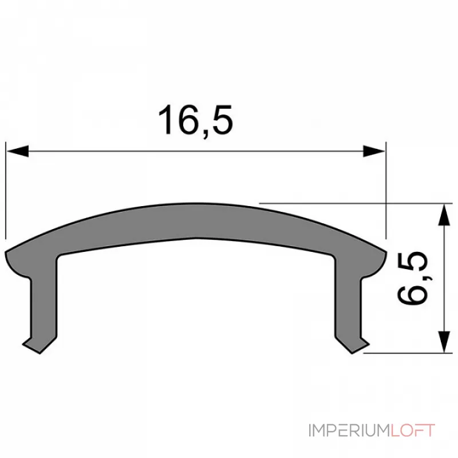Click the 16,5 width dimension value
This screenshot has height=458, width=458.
pos(196,121)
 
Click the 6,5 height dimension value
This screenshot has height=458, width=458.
pos(413,278)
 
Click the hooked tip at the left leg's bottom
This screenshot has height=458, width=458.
pos(30,343)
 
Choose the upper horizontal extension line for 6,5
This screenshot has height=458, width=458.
pos(355,203)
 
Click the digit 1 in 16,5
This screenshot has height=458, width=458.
pos(167,121)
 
